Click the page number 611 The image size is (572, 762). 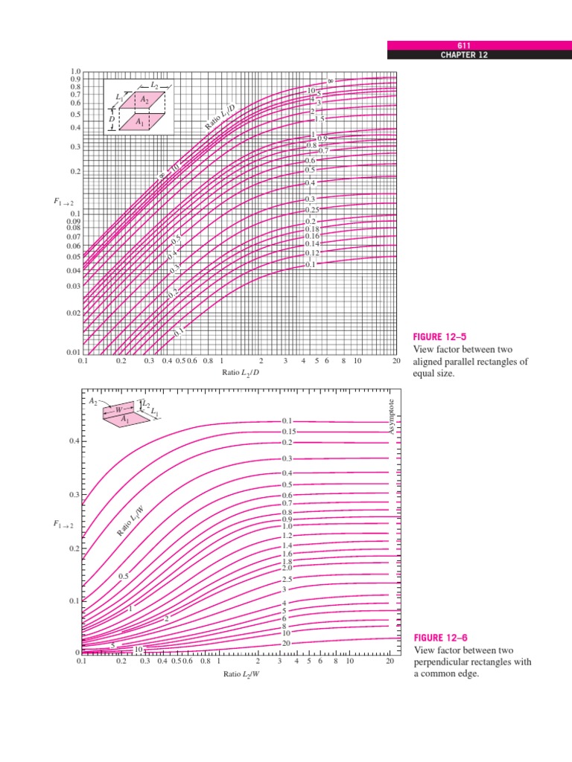479,45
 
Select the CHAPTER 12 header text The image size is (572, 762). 479,55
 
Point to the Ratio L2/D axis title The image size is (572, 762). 241,371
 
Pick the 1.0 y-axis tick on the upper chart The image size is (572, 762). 75,71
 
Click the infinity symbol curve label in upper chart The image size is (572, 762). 330,81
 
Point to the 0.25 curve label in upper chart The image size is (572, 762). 311,210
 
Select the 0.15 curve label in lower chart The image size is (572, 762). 290,432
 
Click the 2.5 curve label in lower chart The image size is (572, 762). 289,579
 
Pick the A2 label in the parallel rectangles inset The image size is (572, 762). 146,100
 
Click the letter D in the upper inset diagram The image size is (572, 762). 112,118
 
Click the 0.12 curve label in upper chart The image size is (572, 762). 311,253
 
